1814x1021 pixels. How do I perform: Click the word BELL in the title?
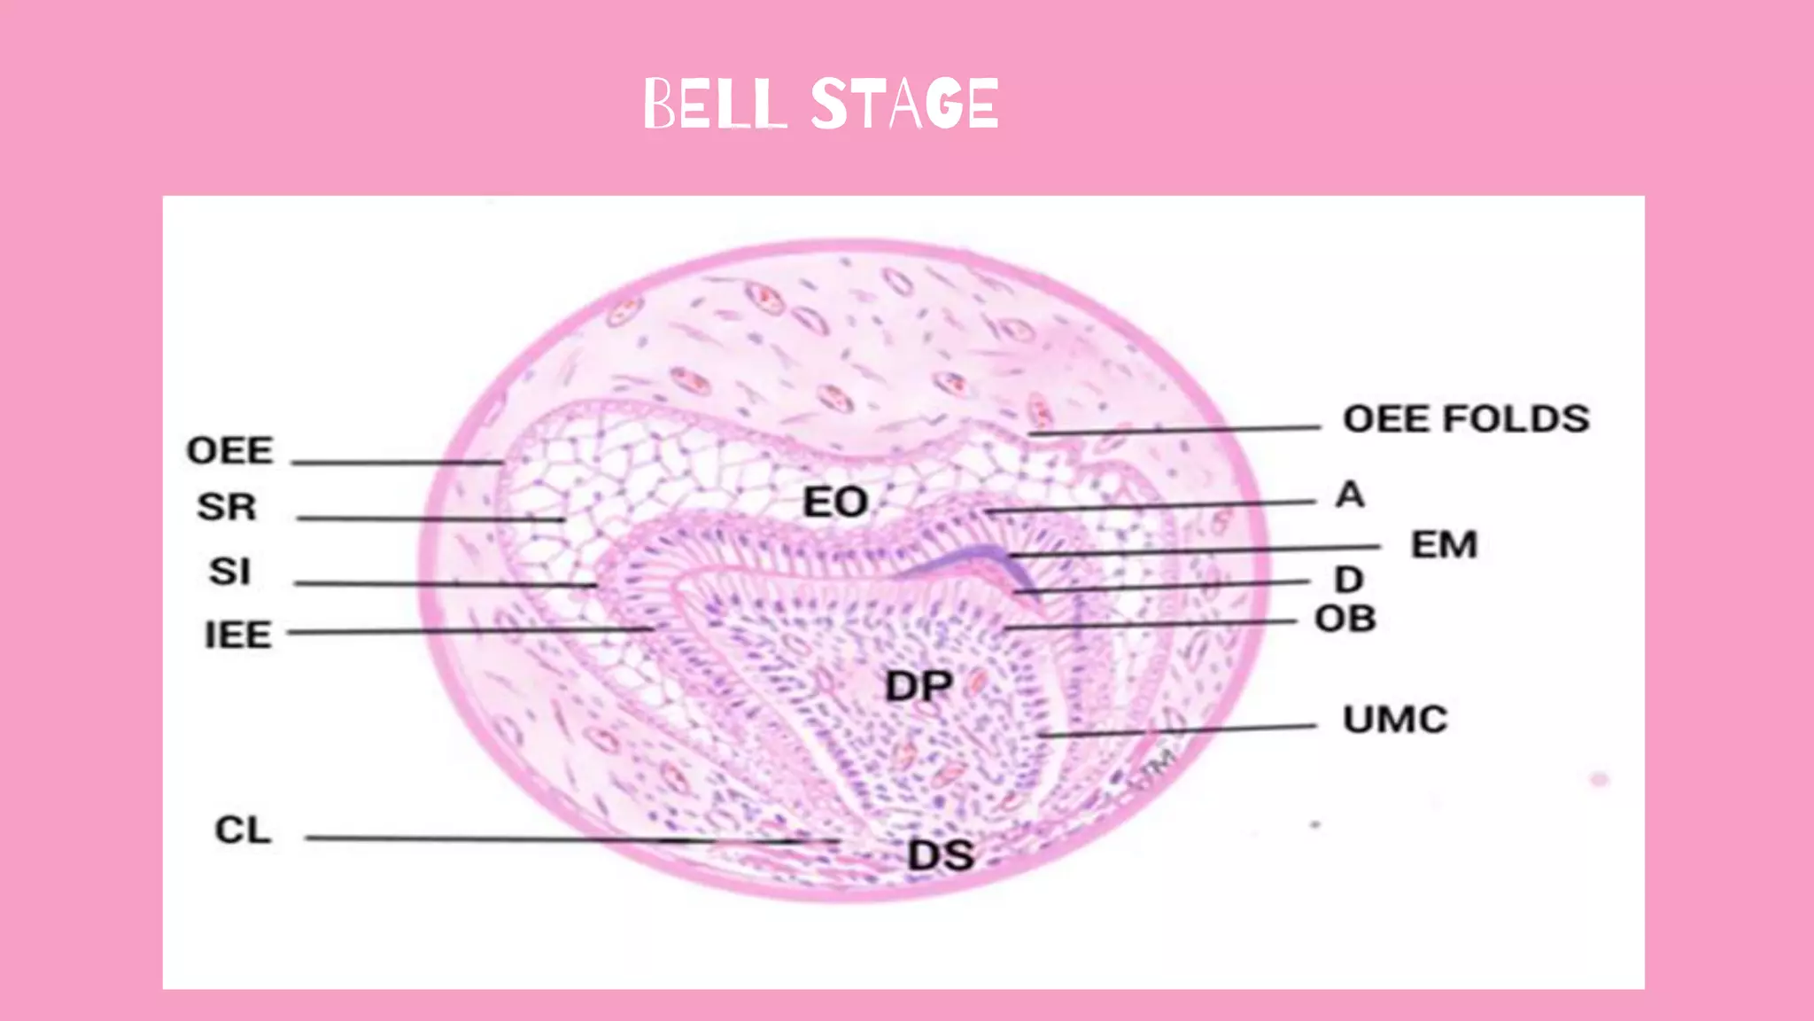(x=714, y=104)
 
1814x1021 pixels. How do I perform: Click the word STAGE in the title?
(x=904, y=104)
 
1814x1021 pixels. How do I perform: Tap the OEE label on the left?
(x=229, y=450)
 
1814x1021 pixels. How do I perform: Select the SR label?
(x=227, y=507)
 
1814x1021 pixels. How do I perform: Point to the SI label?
(x=229, y=571)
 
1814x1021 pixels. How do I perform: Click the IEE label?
(x=237, y=635)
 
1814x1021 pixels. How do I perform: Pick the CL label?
(x=243, y=830)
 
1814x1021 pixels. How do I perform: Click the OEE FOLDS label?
(x=1466, y=418)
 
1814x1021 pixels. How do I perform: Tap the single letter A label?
(x=1350, y=495)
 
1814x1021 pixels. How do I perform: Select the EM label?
(x=1444, y=544)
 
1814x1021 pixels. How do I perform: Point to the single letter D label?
(x=1348, y=580)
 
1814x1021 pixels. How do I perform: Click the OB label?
(x=1345, y=619)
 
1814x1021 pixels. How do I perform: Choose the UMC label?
(x=1395, y=719)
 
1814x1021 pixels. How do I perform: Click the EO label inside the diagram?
(x=834, y=503)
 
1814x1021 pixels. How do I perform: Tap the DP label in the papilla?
(x=919, y=686)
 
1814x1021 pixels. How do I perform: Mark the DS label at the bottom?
(x=941, y=855)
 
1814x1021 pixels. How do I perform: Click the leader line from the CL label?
(x=531, y=838)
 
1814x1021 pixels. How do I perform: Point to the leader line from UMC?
(x=1178, y=730)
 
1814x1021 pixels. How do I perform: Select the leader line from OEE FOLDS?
(x=1178, y=431)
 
